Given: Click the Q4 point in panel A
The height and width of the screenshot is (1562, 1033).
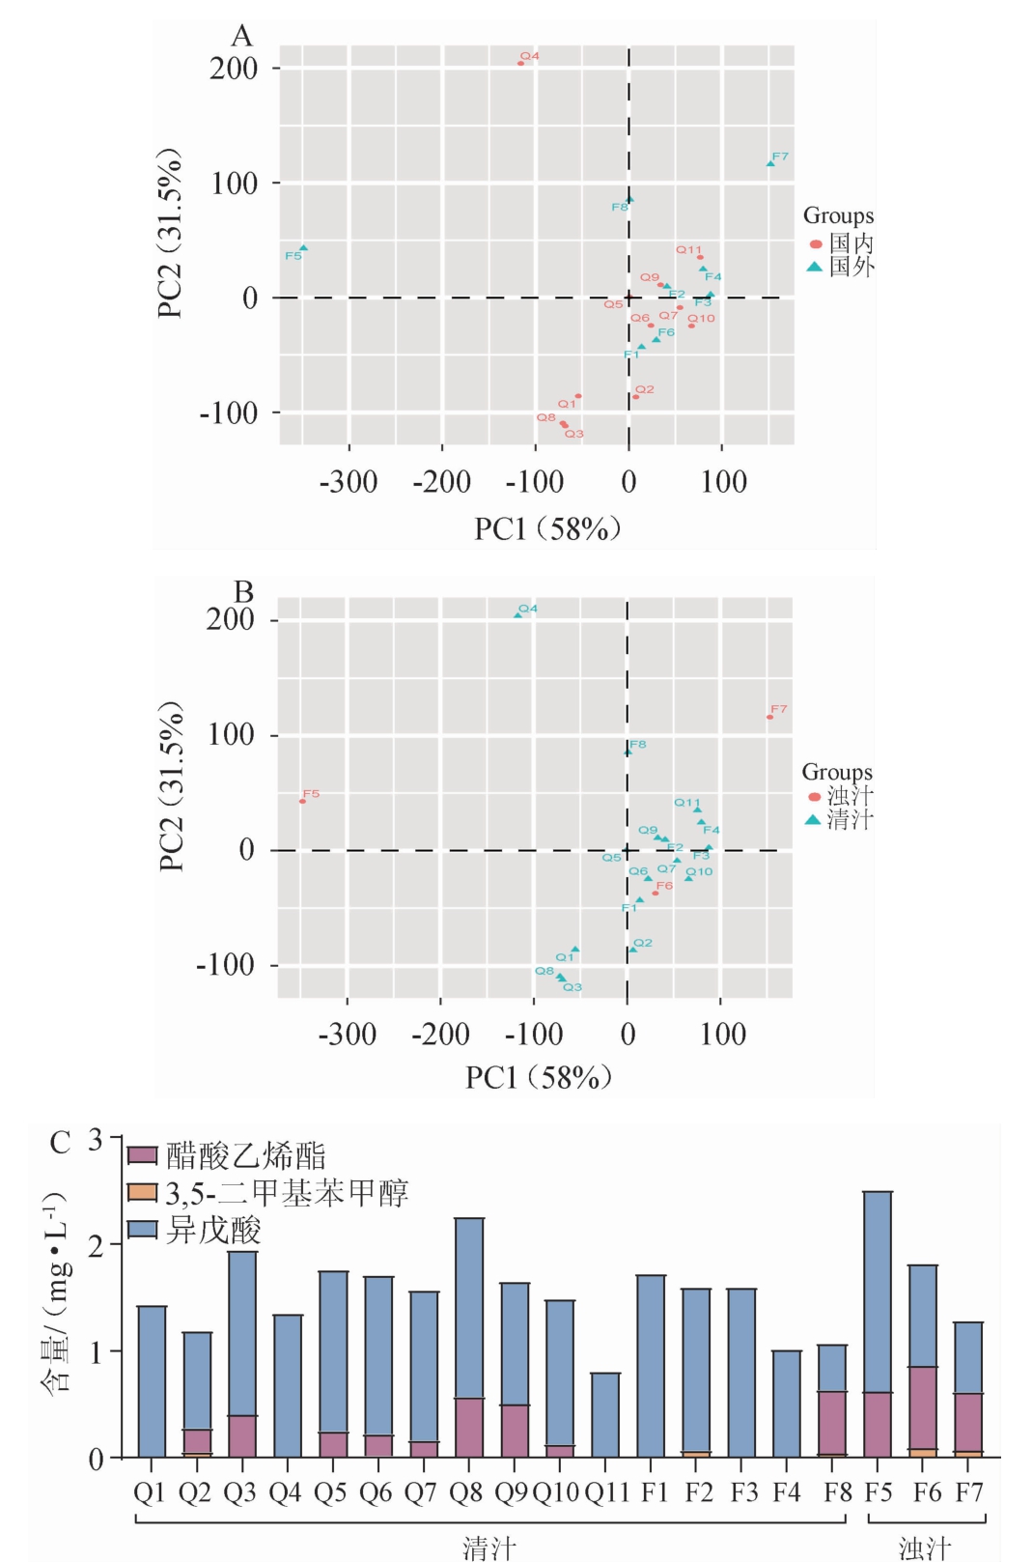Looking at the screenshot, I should [x=521, y=63].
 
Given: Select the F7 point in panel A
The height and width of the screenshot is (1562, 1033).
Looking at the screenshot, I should [x=770, y=163].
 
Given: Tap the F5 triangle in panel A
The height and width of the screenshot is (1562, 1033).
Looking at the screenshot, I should [x=303, y=248].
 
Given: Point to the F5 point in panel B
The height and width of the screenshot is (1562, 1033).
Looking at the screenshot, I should [x=302, y=801].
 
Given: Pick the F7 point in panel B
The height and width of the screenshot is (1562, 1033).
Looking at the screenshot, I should [x=769, y=717].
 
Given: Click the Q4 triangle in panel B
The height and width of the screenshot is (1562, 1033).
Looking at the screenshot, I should [x=518, y=614].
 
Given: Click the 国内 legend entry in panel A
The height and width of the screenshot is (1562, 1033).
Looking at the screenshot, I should [x=840, y=243].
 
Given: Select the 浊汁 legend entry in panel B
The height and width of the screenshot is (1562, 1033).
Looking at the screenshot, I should [x=838, y=796].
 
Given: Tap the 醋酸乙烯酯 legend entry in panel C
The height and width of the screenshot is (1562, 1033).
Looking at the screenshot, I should [x=228, y=1155].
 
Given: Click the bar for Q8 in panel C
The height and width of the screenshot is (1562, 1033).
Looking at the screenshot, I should [x=469, y=1337].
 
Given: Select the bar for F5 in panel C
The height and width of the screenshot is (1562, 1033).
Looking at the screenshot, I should [x=878, y=1323].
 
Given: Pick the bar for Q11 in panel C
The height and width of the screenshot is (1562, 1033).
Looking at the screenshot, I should [x=605, y=1414].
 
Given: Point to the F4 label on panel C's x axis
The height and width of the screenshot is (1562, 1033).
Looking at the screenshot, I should [x=787, y=1492].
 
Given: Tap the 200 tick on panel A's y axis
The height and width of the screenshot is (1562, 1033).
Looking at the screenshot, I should [x=234, y=68].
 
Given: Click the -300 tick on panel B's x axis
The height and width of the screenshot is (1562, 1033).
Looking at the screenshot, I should [x=348, y=1035].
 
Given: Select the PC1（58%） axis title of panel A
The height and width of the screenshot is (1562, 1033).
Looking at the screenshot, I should [x=547, y=528].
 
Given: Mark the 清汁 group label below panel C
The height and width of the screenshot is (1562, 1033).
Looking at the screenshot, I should [x=489, y=1548].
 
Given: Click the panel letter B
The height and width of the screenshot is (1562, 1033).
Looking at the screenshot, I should [x=243, y=591].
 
